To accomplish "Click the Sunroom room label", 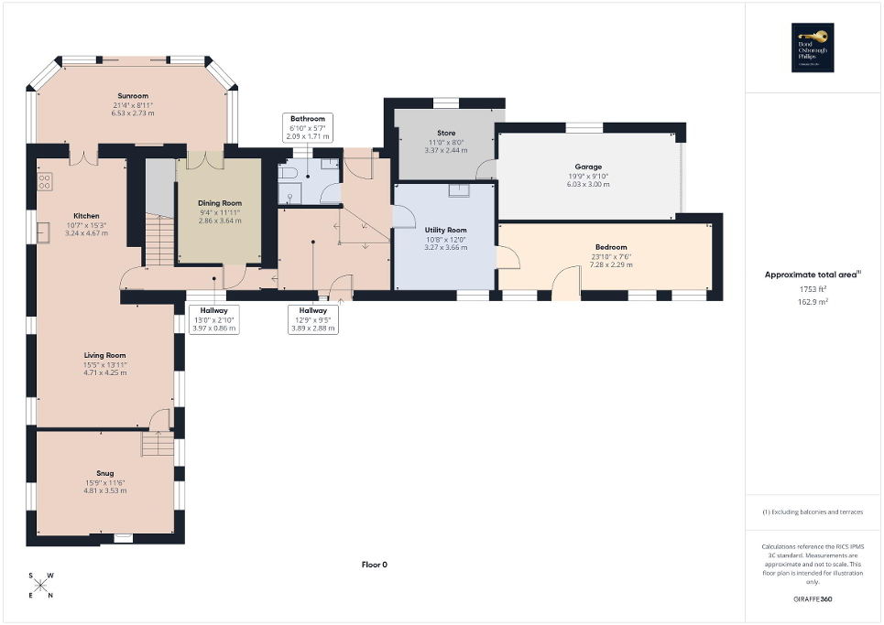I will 132,95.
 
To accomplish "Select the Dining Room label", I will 220,202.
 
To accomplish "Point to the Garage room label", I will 589,167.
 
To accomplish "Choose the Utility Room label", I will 446,230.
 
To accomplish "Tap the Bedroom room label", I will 611,247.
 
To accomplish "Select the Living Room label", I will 104,355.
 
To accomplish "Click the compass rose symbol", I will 41,586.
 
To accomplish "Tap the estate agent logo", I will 813,47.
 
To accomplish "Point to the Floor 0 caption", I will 374,565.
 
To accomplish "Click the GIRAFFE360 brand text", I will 813,599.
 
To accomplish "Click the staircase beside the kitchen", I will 159,240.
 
